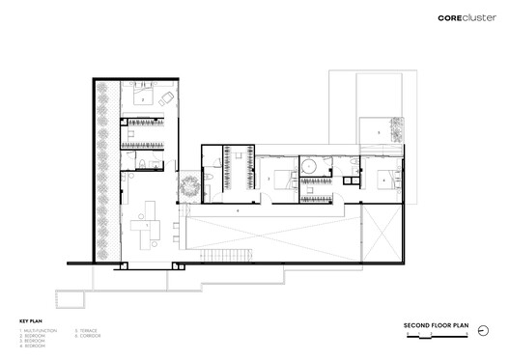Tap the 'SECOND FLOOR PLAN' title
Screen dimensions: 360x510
436,325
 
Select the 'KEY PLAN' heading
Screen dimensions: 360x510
29,320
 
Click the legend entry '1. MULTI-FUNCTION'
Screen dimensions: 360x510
38,331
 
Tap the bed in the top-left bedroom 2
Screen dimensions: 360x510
140,98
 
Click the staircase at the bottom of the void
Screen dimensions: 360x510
225,254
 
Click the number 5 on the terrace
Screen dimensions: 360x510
365,104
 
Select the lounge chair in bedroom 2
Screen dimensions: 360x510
167,97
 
